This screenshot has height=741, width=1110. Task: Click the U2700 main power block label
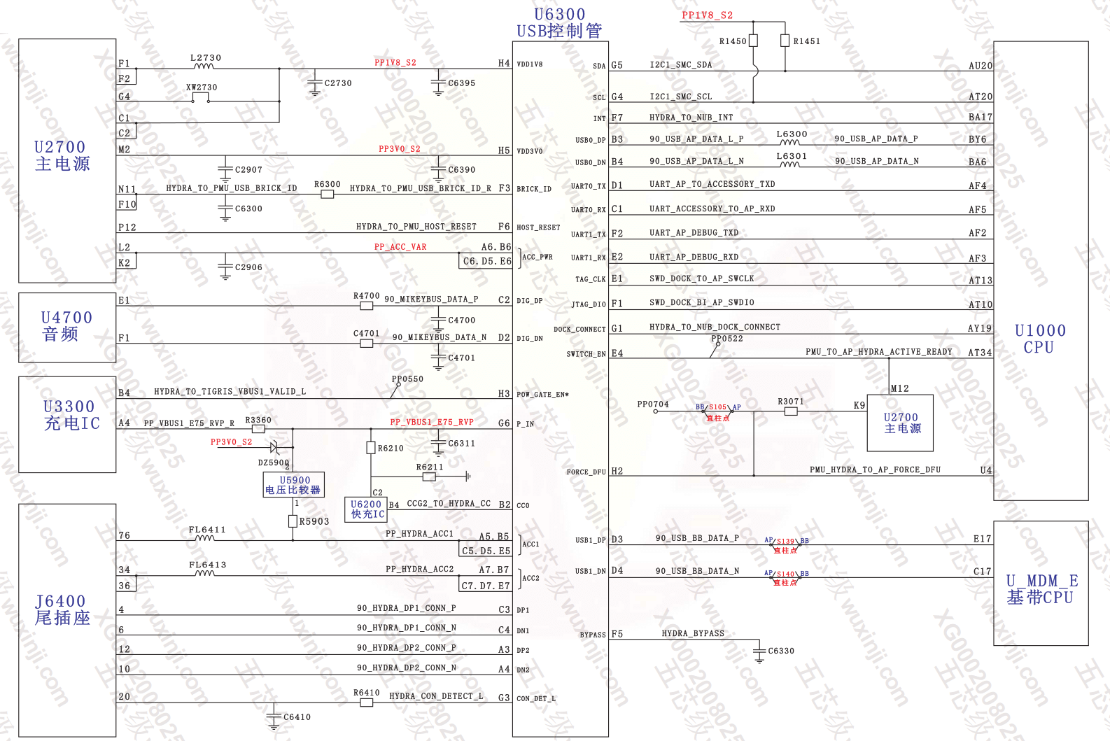coord(62,155)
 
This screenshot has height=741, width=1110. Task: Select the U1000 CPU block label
coord(1040,339)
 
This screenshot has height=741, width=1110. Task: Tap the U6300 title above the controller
coord(559,15)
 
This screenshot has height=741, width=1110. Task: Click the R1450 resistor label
coord(733,41)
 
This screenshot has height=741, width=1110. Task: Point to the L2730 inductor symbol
coord(204,66)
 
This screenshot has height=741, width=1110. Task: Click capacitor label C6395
coord(461,83)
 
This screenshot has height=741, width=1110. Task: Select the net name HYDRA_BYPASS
coord(693,633)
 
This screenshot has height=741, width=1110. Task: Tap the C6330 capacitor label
coord(781,651)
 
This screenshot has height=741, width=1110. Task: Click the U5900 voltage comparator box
coord(294,485)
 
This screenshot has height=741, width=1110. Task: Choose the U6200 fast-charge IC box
coord(367,509)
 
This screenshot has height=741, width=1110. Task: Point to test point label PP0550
coord(407,379)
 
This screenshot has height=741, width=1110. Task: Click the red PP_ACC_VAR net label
coord(400,247)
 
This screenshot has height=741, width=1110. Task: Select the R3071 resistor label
coord(791,402)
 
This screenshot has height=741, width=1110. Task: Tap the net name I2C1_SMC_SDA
coord(680,65)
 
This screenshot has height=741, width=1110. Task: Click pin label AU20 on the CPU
coord(980,66)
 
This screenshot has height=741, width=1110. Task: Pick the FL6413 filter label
coord(207,565)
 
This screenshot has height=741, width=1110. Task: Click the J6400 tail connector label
coord(62,609)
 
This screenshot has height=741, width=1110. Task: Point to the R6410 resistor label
coord(366,693)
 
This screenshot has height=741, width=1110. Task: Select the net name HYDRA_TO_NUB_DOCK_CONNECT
coord(714,327)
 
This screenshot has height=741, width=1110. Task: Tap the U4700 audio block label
coord(66,325)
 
